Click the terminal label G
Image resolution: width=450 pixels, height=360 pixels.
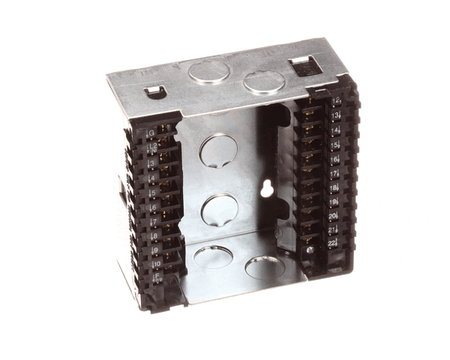[151, 134]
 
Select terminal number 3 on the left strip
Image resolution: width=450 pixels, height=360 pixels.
[152, 162]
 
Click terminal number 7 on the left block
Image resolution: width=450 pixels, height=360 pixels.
[154, 222]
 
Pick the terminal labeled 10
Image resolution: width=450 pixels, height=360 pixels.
[157, 264]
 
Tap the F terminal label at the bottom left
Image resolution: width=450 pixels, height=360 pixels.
[157, 278]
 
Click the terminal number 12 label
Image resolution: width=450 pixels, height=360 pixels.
[335, 100]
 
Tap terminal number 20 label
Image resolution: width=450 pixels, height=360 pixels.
[333, 216]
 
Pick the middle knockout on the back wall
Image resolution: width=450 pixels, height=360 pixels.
[217, 208]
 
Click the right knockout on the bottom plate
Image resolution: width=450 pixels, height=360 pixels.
[262, 267]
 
